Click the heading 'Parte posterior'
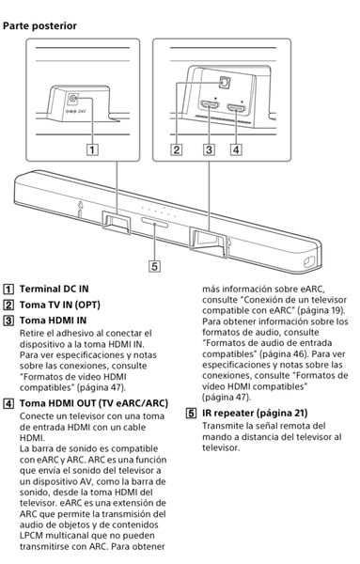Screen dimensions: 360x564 [39, 26]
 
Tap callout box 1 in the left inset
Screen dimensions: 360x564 [92, 149]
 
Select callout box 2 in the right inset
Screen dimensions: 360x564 [177, 149]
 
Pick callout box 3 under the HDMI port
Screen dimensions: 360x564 [209, 149]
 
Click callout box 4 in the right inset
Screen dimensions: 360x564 [236, 149]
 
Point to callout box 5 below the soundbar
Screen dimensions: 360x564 [155, 266]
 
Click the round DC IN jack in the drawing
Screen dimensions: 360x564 [73, 98]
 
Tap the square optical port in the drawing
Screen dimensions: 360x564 [225, 82]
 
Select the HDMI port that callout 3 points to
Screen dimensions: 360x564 [210, 105]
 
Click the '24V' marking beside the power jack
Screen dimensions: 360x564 [82, 111]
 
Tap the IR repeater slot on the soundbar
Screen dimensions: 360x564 [155, 223]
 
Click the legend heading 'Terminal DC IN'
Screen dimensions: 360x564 [54, 289]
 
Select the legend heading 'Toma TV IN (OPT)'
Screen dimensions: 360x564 [60, 305]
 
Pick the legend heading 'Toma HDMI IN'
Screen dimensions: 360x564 [53, 321]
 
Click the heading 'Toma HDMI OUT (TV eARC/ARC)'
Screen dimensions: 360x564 [93, 403]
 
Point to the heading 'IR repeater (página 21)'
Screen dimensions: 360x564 [255, 413]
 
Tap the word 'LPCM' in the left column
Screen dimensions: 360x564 [31, 535]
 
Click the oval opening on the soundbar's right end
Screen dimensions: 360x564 [309, 262]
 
